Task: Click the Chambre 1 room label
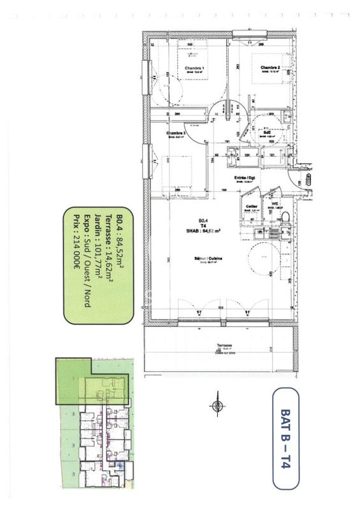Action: [x=194, y=68]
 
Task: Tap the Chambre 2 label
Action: [x=270, y=67]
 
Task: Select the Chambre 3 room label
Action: [x=176, y=133]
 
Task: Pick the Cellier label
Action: [x=252, y=206]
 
